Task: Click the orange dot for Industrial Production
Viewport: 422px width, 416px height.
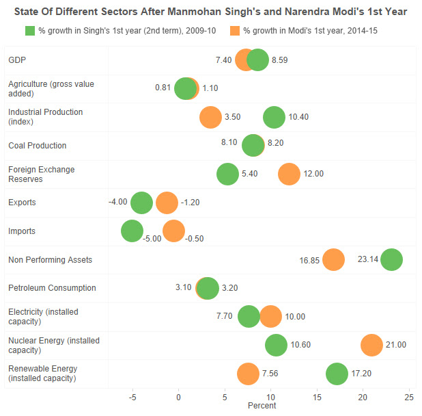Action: tap(210, 117)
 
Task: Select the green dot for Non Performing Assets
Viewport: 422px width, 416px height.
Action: tap(391, 260)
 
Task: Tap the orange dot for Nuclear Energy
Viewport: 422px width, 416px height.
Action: tap(371, 346)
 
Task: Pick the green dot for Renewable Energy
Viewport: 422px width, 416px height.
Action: tap(337, 374)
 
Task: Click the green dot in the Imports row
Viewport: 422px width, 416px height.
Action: tap(132, 231)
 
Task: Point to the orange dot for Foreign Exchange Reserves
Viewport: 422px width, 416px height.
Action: tap(289, 174)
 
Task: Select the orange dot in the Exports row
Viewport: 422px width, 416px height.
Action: tap(167, 203)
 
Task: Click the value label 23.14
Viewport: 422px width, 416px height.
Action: tap(368, 260)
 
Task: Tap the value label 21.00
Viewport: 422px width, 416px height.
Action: tap(396, 346)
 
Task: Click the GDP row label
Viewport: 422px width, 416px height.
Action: tap(17, 60)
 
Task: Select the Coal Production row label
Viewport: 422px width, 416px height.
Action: tap(37, 146)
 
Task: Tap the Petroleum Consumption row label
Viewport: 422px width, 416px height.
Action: tap(52, 288)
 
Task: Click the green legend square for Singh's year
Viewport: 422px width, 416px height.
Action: tap(29, 31)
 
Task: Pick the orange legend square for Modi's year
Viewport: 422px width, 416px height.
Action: tap(234, 31)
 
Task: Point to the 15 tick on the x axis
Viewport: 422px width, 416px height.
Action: tap(316, 397)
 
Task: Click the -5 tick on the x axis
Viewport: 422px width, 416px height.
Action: tap(132, 397)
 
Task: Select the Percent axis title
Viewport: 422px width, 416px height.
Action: tap(262, 406)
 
